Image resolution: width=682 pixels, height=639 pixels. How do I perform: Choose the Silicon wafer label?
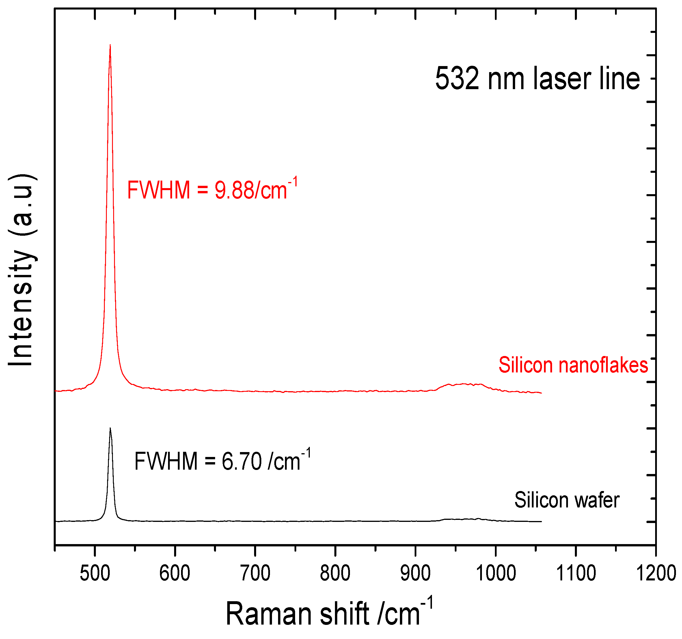567,500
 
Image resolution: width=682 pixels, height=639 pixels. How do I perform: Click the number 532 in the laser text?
457,79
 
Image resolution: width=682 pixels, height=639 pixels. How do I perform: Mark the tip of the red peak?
110,45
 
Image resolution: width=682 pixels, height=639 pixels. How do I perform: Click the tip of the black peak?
110,428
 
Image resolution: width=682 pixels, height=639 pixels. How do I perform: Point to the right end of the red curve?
541,393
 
